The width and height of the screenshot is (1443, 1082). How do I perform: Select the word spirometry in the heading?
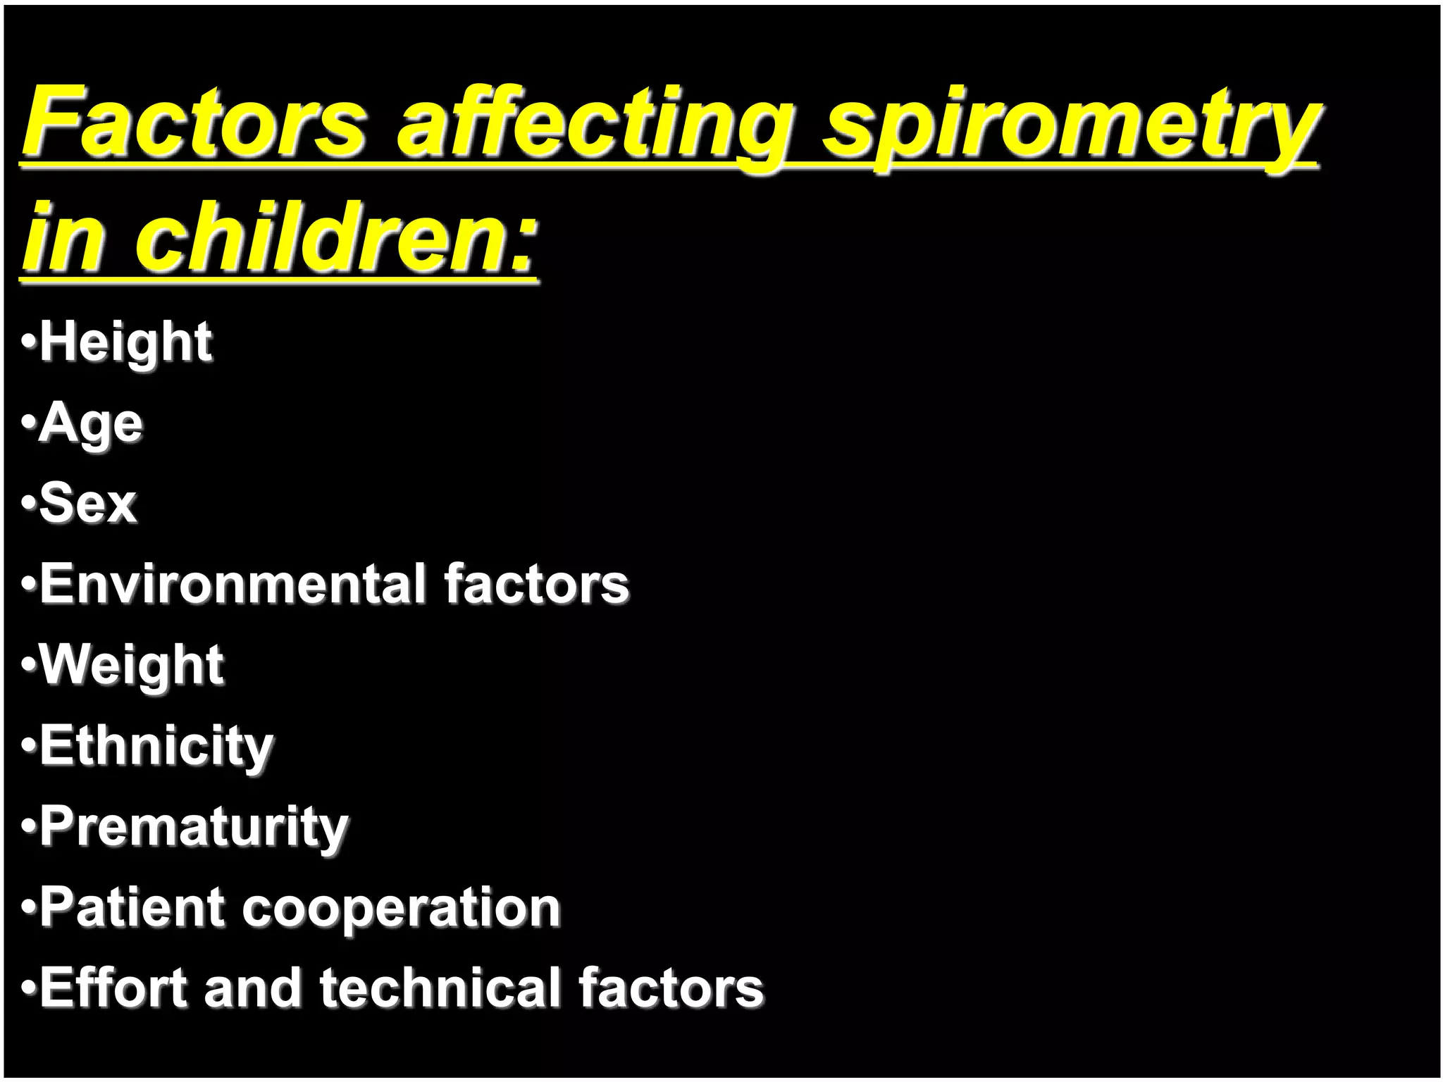click(1071, 127)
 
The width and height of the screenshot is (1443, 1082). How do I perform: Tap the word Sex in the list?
click(87, 504)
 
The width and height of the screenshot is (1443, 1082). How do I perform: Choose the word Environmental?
click(233, 585)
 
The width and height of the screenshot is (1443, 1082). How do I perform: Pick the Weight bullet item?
click(132, 666)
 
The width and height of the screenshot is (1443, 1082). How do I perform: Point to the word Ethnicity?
click(156, 747)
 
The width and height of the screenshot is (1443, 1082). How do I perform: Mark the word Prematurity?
click(194, 828)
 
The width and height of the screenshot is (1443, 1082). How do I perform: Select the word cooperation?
click(402, 909)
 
